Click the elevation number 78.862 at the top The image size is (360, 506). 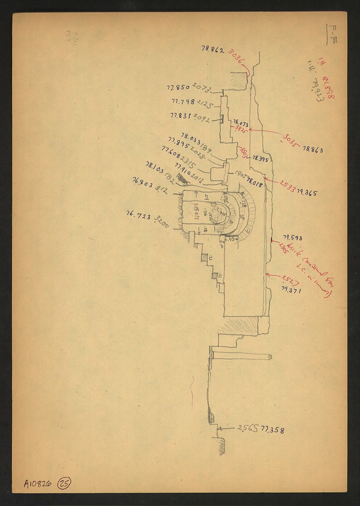tap(213, 49)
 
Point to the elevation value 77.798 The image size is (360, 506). tap(183, 102)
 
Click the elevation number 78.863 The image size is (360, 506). tap(313, 149)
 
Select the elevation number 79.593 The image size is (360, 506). tap(292, 238)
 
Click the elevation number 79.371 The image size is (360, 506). tap(291, 290)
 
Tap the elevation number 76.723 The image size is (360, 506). tap(138, 215)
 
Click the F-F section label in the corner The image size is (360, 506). tap(332, 30)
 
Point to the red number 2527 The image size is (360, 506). tap(290, 280)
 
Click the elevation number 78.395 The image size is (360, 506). tap(260, 159)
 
